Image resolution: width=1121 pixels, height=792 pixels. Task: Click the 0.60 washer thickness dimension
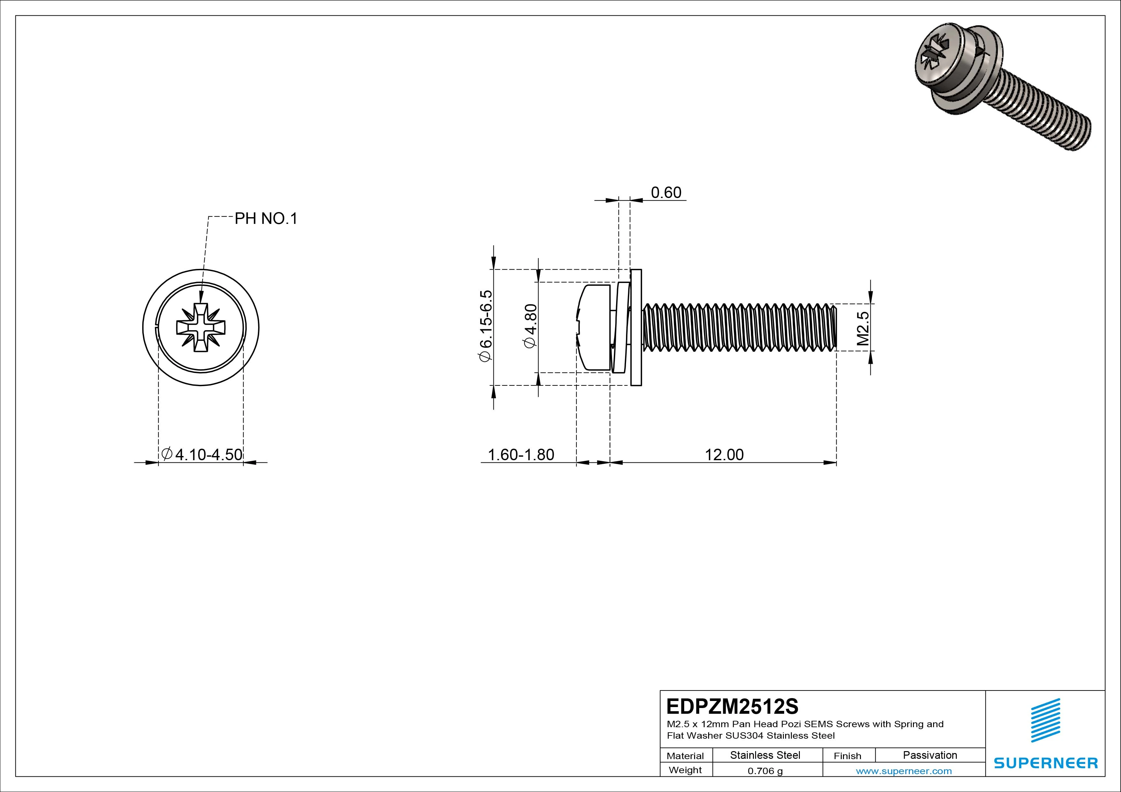click(666, 193)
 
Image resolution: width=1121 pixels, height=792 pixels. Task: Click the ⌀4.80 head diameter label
click(531, 326)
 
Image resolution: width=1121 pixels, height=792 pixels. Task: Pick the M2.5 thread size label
click(863, 328)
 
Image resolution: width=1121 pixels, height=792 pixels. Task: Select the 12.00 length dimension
click(724, 454)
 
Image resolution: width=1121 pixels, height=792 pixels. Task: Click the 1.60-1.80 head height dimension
click(521, 454)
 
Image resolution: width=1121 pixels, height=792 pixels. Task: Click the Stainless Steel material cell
click(765, 755)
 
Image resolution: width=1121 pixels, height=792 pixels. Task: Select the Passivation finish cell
click(930, 755)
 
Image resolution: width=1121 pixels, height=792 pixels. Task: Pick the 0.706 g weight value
click(765, 771)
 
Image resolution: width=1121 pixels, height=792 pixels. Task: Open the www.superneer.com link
click(904, 771)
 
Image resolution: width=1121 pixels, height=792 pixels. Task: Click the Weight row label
click(685, 770)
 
